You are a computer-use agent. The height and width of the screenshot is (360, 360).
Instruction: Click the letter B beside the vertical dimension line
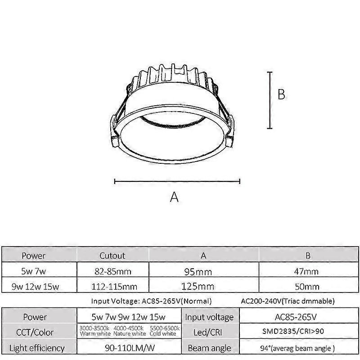(x=281, y=95)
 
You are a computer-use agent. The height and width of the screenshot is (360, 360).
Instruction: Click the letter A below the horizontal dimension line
(x=174, y=197)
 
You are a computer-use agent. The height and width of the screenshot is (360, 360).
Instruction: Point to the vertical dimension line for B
(x=270, y=100)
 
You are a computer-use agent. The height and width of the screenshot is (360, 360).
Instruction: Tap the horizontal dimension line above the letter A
(x=177, y=181)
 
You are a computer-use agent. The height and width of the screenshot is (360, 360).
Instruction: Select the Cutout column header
(x=112, y=256)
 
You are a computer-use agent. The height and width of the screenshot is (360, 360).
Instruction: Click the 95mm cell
(x=203, y=271)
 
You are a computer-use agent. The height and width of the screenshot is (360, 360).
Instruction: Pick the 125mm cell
(x=203, y=286)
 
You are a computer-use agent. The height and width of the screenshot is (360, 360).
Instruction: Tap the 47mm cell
(x=308, y=271)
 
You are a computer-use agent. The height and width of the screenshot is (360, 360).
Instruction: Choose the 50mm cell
(x=308, y=286)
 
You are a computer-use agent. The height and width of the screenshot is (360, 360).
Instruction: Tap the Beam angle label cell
(x=209, y=348)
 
